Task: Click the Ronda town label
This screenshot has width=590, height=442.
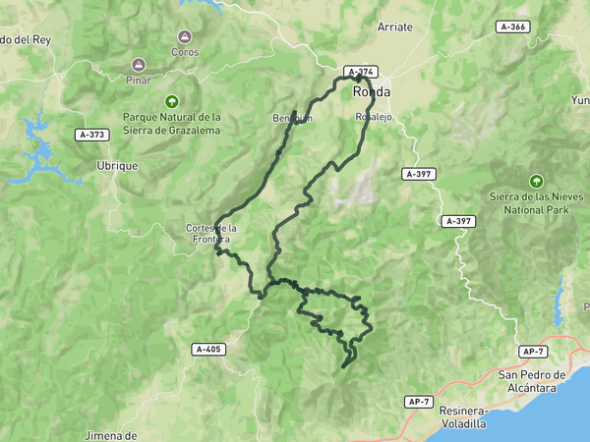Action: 372,91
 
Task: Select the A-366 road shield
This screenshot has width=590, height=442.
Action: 512,27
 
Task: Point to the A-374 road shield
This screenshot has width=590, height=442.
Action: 360,72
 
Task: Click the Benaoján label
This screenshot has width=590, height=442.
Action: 292,118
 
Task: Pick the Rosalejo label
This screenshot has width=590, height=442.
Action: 375,116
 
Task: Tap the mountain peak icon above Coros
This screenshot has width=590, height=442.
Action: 184,36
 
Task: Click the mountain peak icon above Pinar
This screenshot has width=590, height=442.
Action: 141,64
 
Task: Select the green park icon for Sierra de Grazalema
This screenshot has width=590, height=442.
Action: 172,100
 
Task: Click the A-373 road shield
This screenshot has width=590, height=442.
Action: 91,134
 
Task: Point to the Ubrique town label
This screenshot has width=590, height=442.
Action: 117,166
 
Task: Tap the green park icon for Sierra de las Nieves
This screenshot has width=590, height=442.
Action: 536,182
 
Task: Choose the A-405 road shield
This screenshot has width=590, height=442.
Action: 208,349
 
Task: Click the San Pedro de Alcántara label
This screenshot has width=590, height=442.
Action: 533,380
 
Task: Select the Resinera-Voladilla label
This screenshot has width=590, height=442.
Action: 463,417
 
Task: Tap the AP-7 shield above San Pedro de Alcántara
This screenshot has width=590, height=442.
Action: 534,352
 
